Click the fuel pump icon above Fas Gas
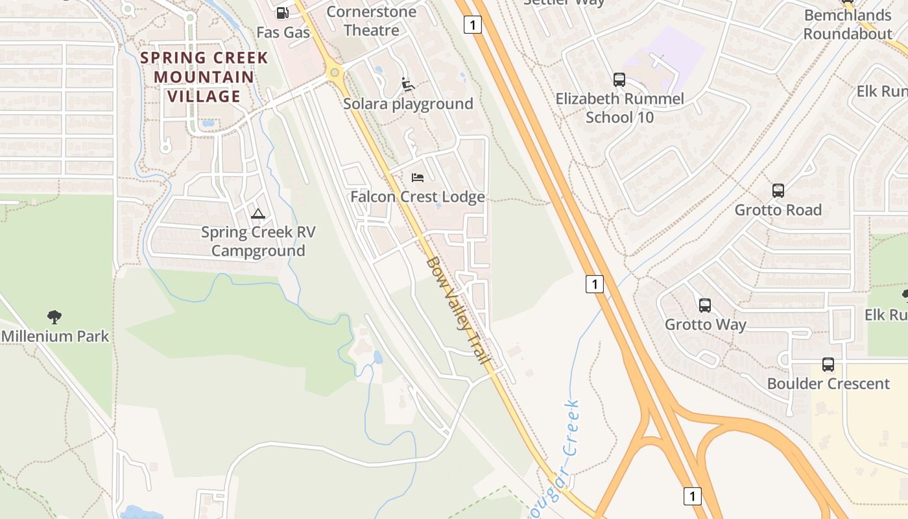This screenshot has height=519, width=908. point(282,12)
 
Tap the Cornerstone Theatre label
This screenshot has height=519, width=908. point(372,21)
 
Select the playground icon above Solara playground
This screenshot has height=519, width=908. point(408,84)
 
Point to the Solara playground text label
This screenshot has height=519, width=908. point(408,104)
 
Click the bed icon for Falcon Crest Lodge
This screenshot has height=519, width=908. point(418,177)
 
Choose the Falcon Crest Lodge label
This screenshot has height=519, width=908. point(418,197)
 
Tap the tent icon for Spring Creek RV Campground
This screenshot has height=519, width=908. point(258,213)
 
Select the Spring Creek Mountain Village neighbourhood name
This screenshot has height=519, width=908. point(204,77)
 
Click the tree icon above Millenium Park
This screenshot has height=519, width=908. point(54,317)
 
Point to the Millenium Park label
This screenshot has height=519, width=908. point(55,336)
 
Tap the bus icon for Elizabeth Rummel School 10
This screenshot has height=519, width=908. point(619,80)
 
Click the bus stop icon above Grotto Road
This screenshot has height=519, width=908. point(778,191)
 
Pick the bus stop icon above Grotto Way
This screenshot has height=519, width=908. point(705,305)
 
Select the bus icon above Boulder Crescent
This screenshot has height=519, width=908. point(828,365)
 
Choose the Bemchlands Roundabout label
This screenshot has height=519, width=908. point(848,24)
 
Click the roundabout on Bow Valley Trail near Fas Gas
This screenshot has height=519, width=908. point(335,73)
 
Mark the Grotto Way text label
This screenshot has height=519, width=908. point(706,324)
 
